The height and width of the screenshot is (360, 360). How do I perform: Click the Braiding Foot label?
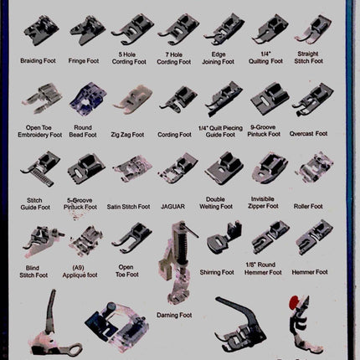click(40, 62)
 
